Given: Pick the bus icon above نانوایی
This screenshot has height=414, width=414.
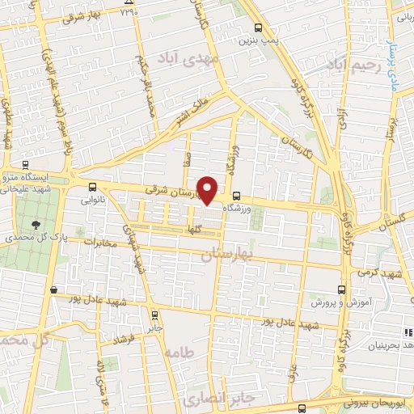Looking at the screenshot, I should click(x=91, y=185).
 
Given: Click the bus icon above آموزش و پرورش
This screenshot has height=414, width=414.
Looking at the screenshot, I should click(x=341, y=289).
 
